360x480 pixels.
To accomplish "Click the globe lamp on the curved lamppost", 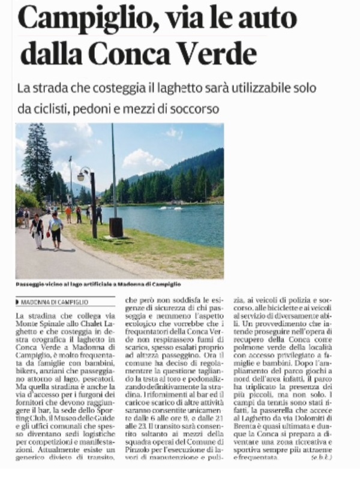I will (81, 176).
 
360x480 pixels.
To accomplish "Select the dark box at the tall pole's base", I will (116, 226).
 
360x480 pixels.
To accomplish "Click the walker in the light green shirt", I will (56, 227).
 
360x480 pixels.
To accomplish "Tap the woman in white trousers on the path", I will (37, 231).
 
